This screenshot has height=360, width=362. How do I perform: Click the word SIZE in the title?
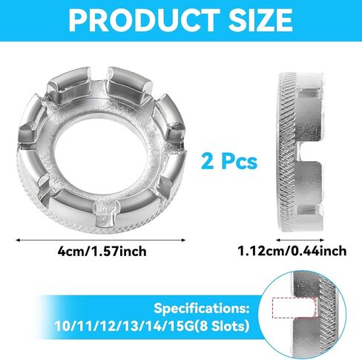tap(260, 21)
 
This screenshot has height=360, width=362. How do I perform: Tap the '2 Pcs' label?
tap(229, 162)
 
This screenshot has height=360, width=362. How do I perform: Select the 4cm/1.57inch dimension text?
tap(102, 252)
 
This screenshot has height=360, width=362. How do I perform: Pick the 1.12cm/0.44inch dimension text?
tap(292, 251)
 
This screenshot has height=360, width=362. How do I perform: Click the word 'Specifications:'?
tap(202, 308)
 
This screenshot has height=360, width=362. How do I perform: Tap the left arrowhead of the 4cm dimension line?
tap(18, 240)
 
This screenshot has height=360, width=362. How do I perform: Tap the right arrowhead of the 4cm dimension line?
tap(183, 240)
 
